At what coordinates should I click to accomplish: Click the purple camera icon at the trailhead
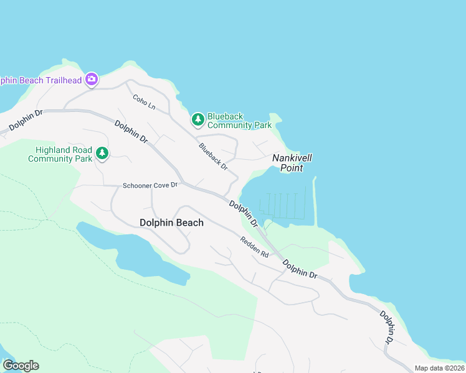point(92,79)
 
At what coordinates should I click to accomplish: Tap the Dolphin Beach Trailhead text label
point(40,80)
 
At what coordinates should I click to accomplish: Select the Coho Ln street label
point(144,101)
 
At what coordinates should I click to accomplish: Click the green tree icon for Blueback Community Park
point(197,119)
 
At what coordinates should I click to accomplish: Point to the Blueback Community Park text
point(239,121)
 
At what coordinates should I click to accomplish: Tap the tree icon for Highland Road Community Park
point(102,153)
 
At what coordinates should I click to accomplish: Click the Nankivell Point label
point(292,163)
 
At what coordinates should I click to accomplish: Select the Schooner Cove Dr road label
point(150,185)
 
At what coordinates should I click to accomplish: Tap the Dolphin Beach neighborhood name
point(171,223)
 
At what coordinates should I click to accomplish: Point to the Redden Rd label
point(254,247)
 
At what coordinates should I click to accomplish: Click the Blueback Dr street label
point(213,157)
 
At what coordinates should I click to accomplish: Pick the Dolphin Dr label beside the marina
point(244,213)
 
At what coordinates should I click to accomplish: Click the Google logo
point(20,365)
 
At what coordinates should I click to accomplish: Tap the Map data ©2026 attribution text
point(439,368)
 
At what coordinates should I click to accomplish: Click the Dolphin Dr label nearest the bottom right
point(387,327)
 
